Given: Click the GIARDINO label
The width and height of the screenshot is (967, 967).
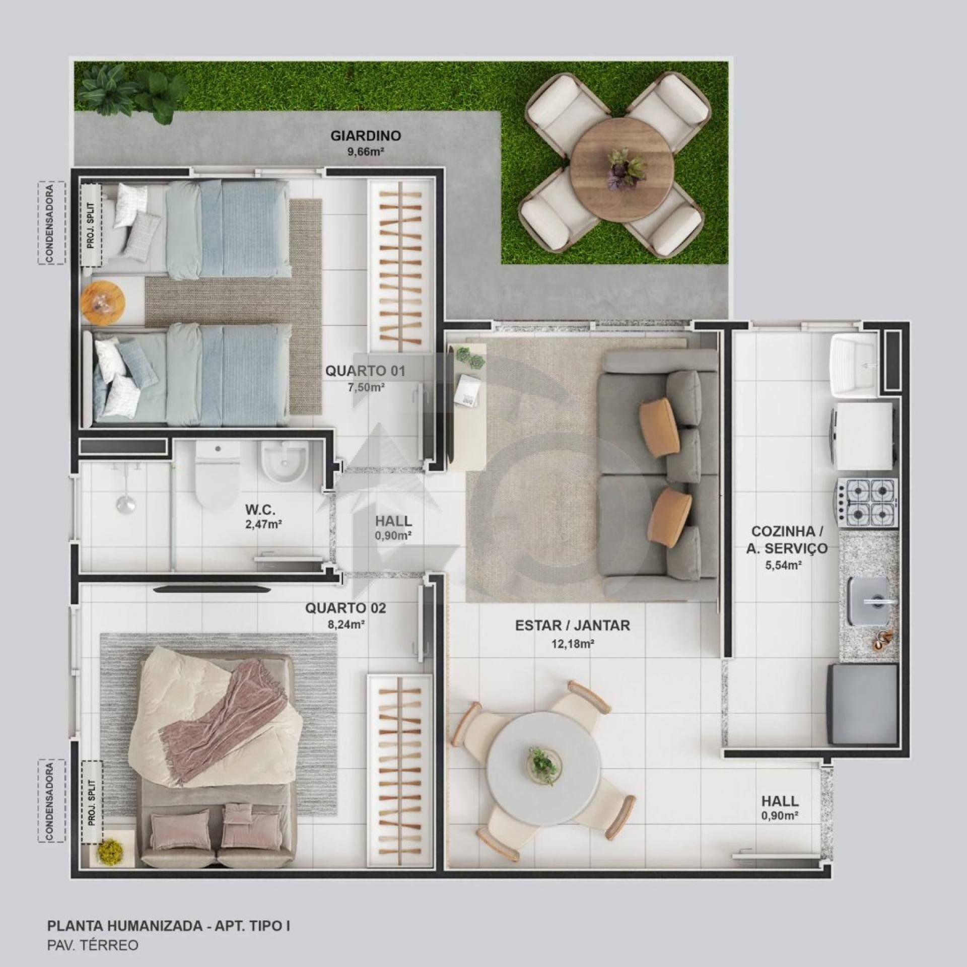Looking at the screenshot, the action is pyautogui.click(x=366, y=135).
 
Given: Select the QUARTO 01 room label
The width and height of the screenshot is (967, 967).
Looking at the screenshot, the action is pyautogui.click(x=365, y=371).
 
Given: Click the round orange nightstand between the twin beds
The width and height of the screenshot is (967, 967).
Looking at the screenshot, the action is pyautogui.click(x=103, y=303).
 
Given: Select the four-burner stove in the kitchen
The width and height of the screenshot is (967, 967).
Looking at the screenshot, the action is pyautogui.click(x=867, y=503).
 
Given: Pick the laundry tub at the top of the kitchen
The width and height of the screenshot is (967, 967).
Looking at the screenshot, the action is pyautogui.click(x=855, y=363).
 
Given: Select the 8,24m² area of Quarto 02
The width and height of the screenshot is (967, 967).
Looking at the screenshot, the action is pyautogui.click(x=346, y=625).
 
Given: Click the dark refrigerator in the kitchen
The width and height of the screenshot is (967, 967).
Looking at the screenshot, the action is pyautogui.click(x=862, y=704).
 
